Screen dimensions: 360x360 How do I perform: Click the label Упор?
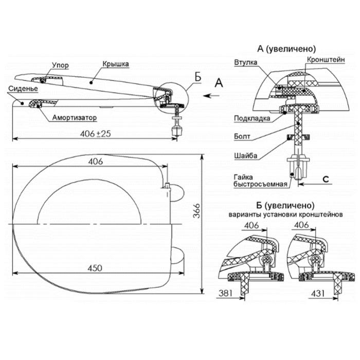tap(60, 66)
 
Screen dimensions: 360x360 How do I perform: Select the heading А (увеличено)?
tap(286, 48)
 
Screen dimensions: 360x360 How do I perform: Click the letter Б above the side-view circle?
tap(197, 78)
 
